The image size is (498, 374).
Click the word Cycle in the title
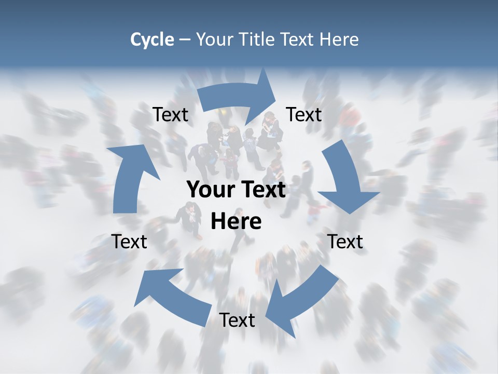pyautogui.click(x=152, y=39)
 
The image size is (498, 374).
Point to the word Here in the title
pyautogui.click(x=339, y=39)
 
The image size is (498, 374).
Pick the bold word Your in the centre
pyautogui.click(x=209, y=190)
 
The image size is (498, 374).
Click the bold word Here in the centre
pyautogui.click(x=236, y=222)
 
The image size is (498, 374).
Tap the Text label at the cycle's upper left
pyautogui.click(x=170, y=115)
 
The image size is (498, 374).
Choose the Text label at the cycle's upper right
pyautogui.click(x=304, y=115)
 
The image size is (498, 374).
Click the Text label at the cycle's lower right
pyautogui.click(x=345, y=242)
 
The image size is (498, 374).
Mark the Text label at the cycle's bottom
pyautogui.click(x=237, y=320)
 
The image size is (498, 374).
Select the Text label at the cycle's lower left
pyautogui.click(x=129, y=242)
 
